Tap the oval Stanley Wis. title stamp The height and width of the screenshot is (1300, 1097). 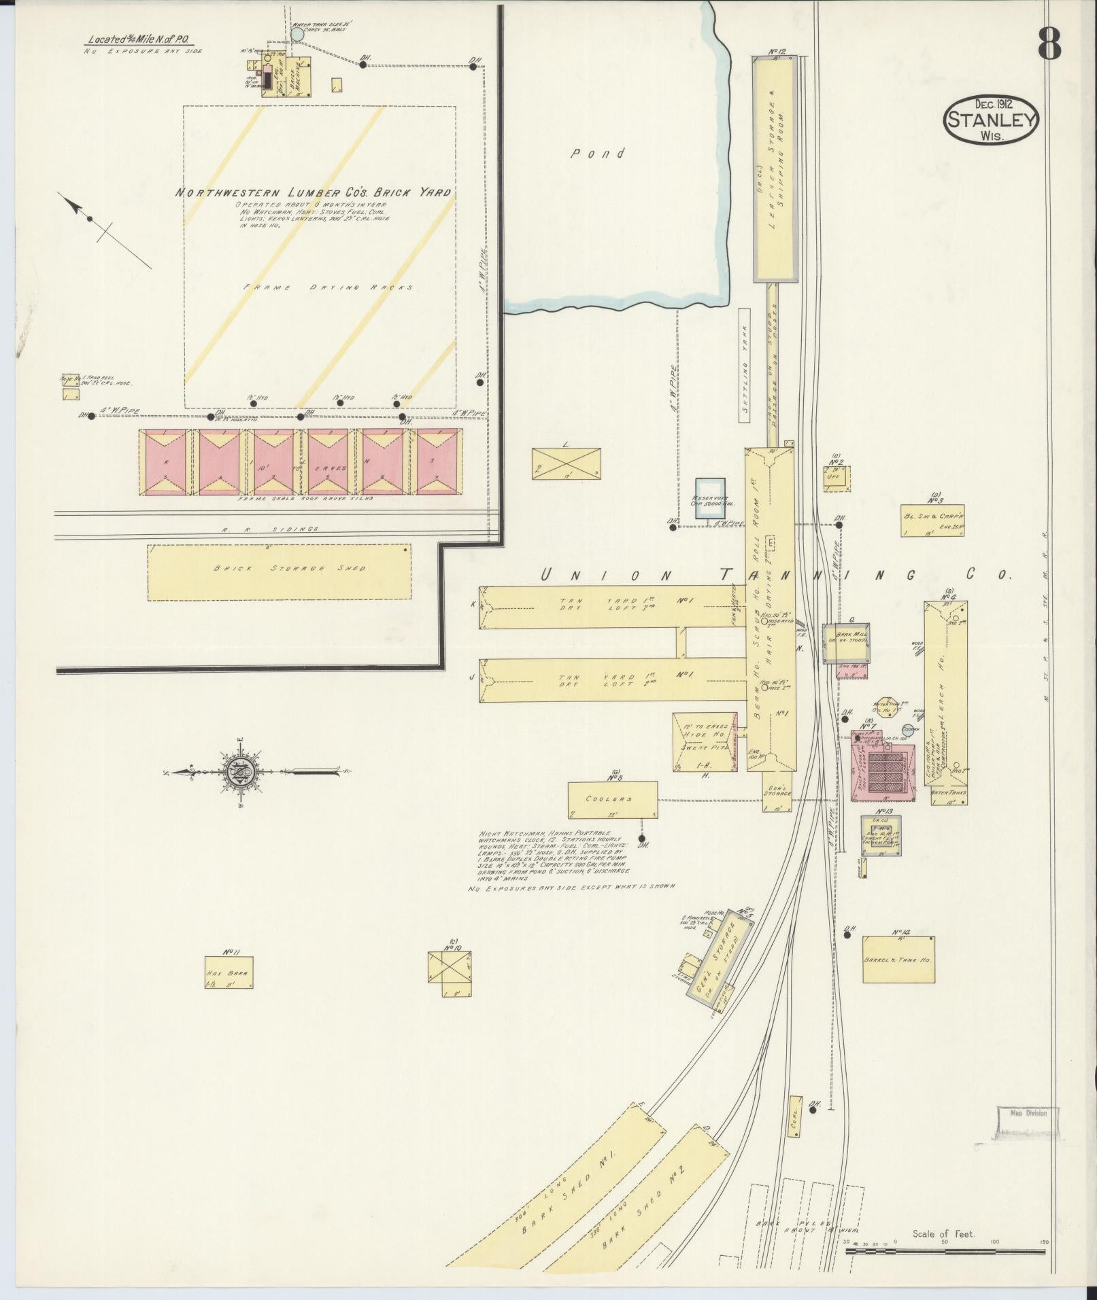click(991, 119)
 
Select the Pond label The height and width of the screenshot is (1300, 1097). click(598, 154)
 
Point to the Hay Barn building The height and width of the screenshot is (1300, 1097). click(229, 972)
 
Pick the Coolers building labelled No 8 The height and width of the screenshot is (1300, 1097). click(613, 799)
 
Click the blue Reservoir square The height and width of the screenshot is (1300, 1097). click(710, 498)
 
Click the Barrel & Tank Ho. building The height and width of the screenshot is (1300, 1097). click(898, 959)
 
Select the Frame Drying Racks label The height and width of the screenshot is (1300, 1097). click(328, 287)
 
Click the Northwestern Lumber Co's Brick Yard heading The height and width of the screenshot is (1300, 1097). click(313, 193)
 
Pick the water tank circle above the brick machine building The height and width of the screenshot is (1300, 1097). click(297, 33)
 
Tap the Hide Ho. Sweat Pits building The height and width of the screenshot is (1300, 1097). click(705, 742)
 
